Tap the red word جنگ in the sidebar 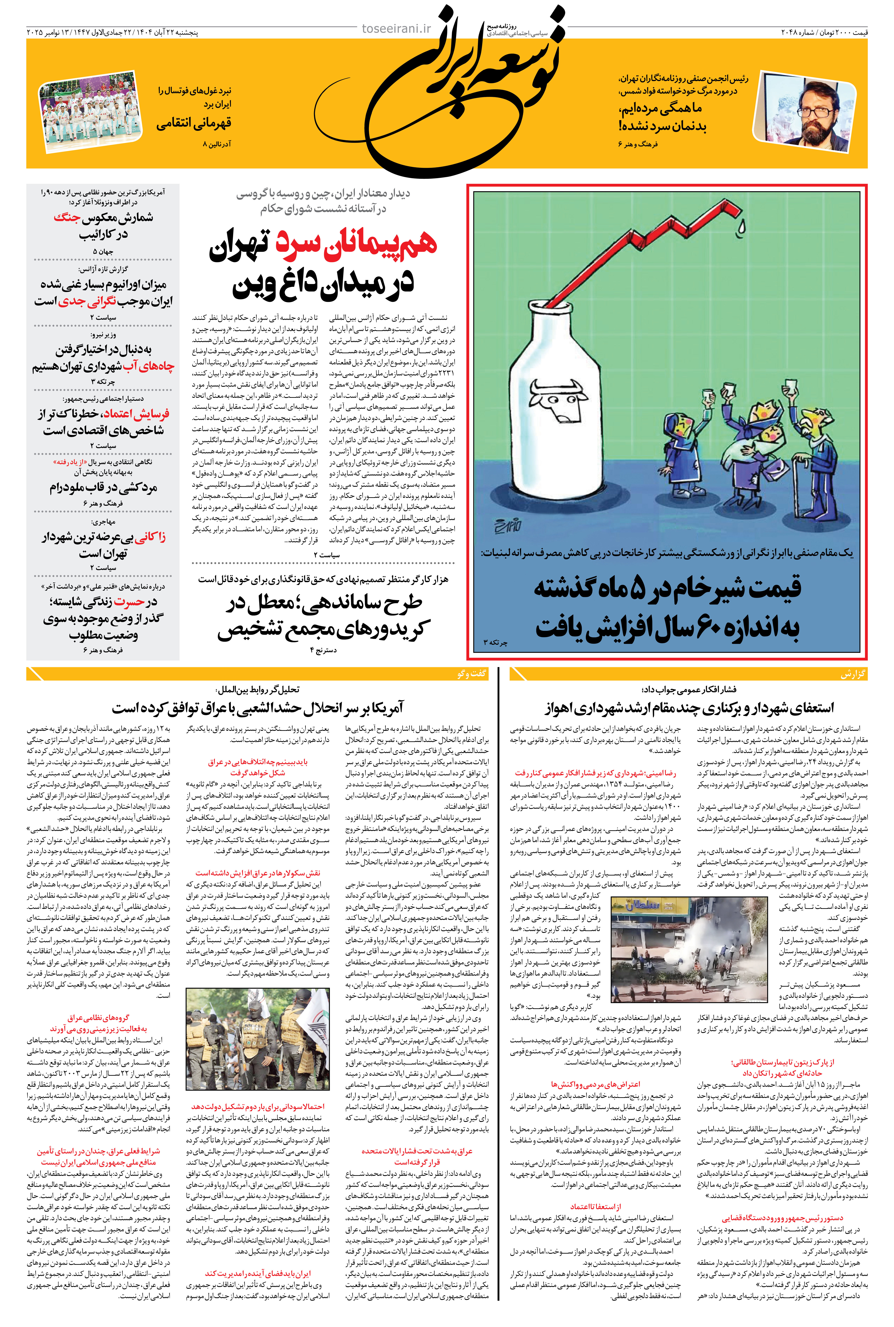pos(67,217)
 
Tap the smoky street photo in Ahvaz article pos(688,949)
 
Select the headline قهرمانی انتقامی pos(194,123)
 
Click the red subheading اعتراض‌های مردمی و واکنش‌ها pos(595,1084)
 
